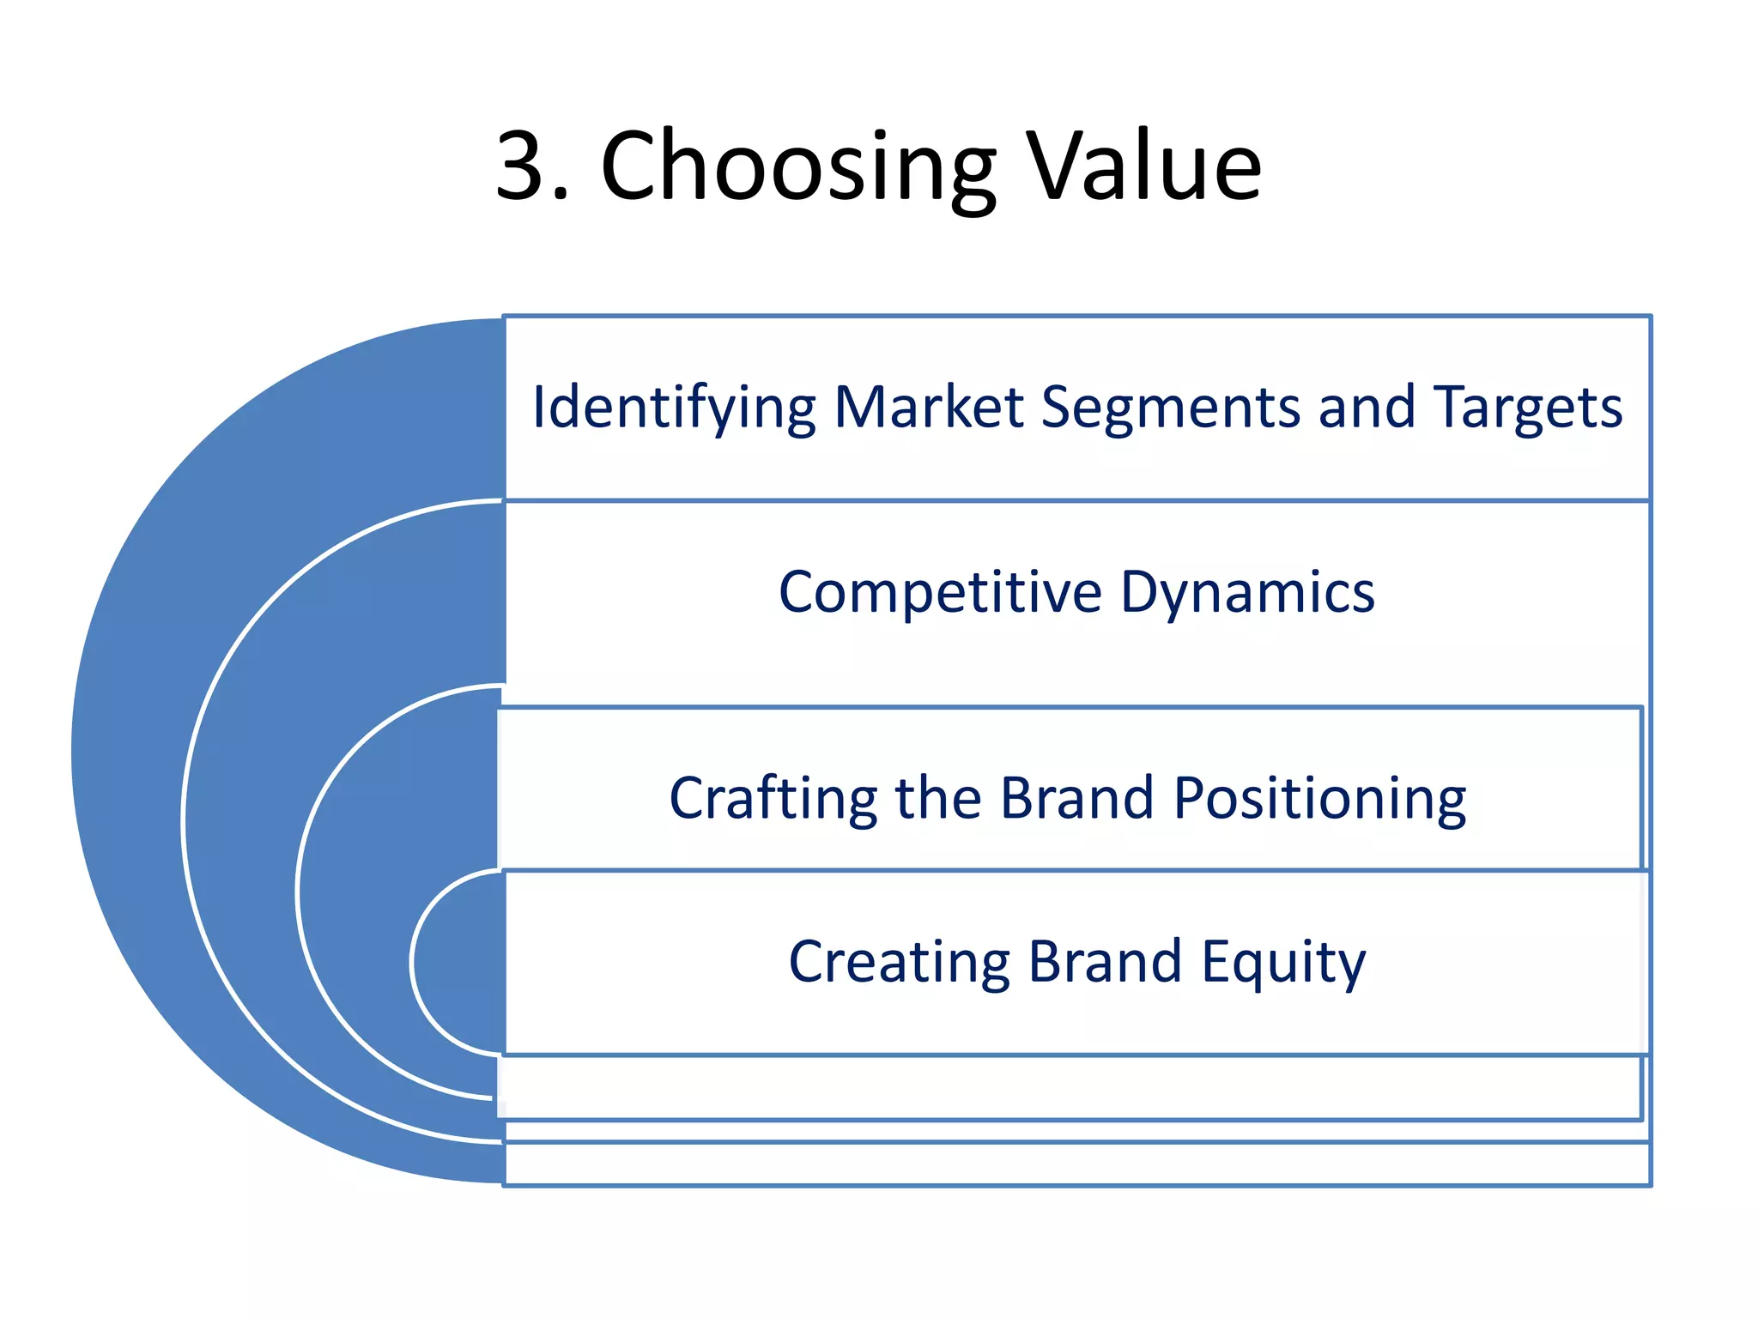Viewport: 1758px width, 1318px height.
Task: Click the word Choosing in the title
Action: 798,167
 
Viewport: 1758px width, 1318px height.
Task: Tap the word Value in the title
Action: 1146,166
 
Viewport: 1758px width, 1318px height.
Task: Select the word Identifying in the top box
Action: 673,408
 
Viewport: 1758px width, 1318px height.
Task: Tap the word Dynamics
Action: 1247,594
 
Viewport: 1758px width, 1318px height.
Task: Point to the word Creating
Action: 899,963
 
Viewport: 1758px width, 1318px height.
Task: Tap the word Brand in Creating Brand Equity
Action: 1105,962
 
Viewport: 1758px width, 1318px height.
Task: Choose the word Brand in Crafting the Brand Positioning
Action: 1076,798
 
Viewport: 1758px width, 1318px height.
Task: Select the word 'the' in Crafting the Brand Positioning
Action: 937,798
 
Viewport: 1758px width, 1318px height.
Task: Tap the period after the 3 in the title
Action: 561,196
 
